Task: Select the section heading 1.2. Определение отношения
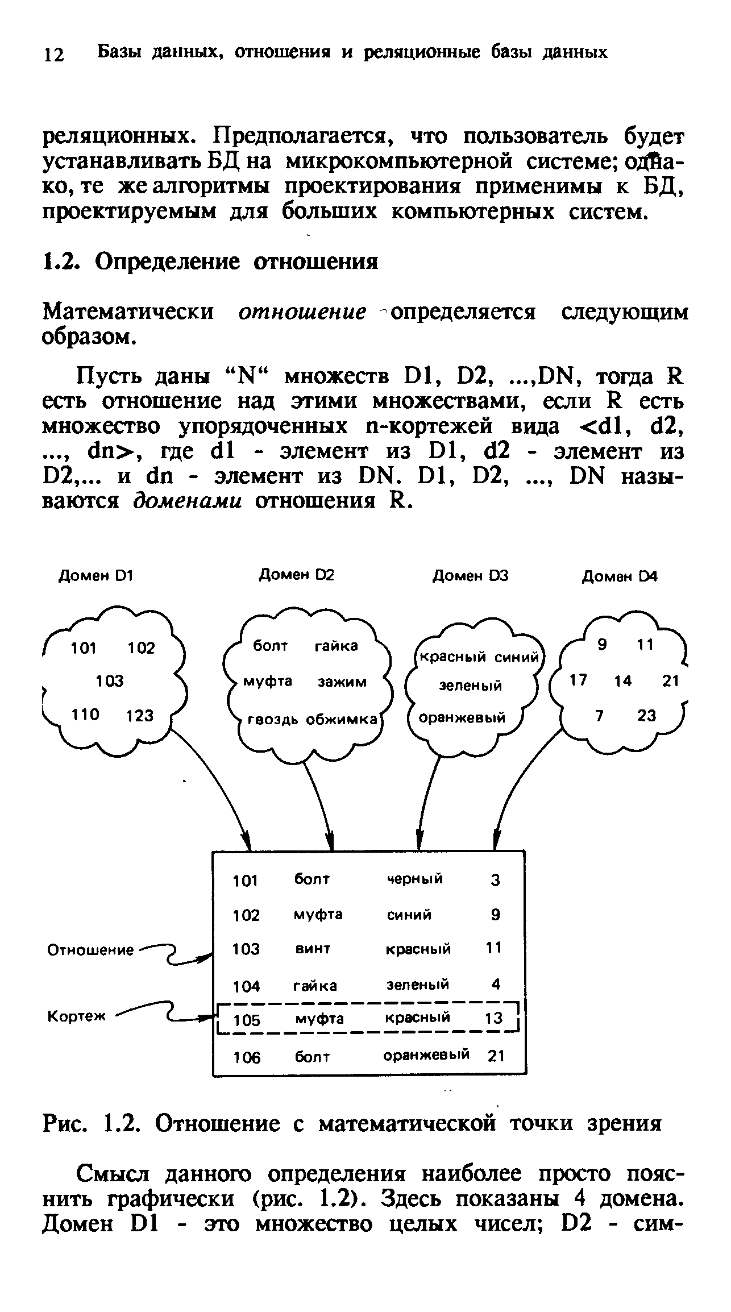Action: [x=211, y=261]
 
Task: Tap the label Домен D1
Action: [x=96, y=576]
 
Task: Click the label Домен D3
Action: [x=471, y=576]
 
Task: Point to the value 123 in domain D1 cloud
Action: [x=140, y=716]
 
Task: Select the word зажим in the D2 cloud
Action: [x=342, y=682]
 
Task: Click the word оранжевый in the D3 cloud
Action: [x=462, y=718]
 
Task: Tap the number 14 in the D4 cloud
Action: [x=623, y=680]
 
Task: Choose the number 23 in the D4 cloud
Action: [x=646, y=716]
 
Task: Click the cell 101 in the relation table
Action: [x=246, y=881]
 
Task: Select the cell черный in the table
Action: [x=414, y=879]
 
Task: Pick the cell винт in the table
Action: [x=313, y=949]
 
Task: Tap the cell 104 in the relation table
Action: [x=246, y=985]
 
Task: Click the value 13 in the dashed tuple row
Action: [x=493, y=1019]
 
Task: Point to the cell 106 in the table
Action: [x=246, y=1057]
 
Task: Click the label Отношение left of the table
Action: [x=90, y=950]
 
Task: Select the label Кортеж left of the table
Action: [x=76, y=1017]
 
